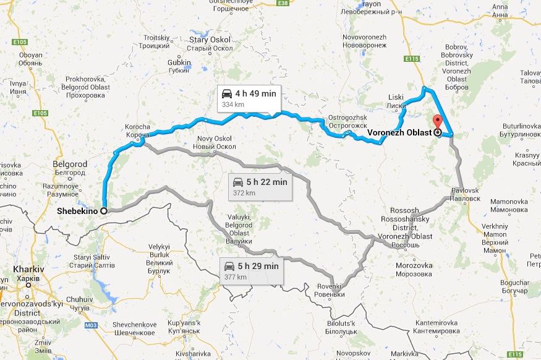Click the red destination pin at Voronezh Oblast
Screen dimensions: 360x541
point(438,122)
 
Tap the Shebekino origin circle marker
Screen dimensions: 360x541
point(103,210)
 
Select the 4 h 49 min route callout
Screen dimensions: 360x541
point(249,98)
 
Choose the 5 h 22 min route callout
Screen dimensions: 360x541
point(259,186)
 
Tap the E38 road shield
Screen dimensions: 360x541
point(284,4)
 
